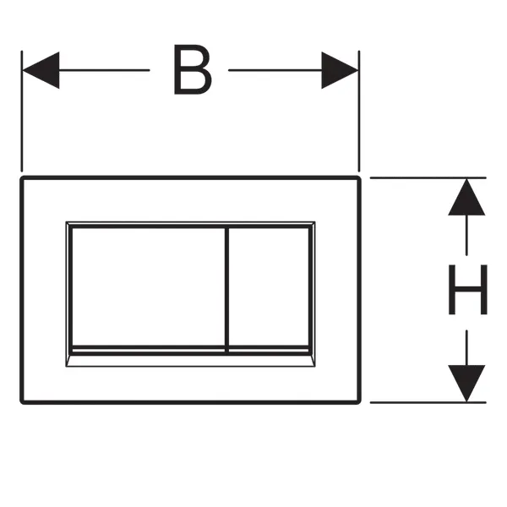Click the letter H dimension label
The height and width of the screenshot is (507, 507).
click(467, 290)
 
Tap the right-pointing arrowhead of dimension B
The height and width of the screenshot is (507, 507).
click(341, 70)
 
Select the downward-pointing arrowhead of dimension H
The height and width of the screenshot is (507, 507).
click(467, 382)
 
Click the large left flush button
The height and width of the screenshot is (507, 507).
click(145, 286)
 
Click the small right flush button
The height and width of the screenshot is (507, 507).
click(269, 286)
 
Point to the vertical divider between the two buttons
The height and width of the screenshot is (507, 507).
click(227, 287)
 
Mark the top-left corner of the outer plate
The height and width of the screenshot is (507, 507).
click(23, 179)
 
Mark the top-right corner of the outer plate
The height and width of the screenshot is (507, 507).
click(359, 179)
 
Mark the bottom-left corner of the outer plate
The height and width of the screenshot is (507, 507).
click(23, 401)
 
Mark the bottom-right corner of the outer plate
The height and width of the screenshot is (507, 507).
click(359, 401)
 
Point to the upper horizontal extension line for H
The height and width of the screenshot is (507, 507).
click(422, 177)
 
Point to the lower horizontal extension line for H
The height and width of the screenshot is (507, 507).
click(422, 402)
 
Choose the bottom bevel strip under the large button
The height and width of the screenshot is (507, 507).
click(145, 357)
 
